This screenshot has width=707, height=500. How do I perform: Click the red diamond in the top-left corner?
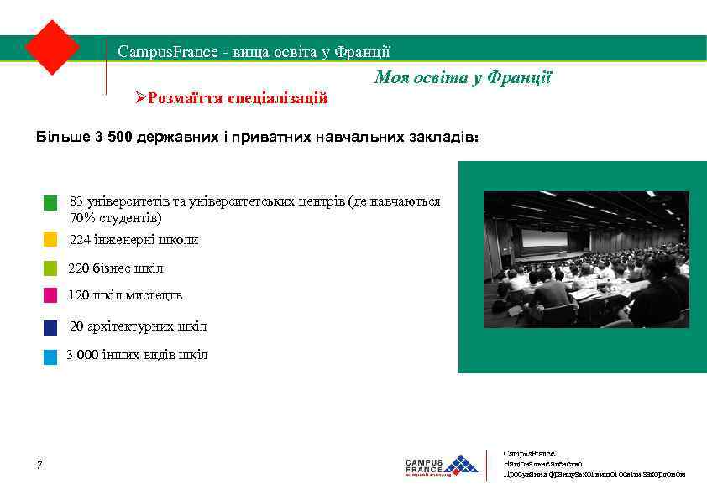click(x=52, y=47)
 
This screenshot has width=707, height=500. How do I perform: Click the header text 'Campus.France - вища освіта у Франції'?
click(x=254, y=52)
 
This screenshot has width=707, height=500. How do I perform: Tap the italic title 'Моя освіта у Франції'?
click(x=462, y=78)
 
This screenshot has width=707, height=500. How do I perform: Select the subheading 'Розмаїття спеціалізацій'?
click(x=237, y=98)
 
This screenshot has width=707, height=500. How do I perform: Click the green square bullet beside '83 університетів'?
click(x=50, y=203)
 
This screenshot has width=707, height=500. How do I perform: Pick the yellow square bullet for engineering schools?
click(x=50, y=240)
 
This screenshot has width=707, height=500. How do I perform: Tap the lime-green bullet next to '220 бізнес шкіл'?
click(x=50, y=268)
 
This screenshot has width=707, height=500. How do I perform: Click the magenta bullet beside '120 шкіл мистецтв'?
click(x=50, y=295)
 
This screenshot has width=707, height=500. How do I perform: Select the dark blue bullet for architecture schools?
click(x=50, y=327)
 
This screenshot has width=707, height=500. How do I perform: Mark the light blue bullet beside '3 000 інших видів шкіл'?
click(x=50, y=357)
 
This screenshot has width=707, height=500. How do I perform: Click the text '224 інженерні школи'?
click(x=134, y=240)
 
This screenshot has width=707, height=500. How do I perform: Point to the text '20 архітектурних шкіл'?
click(x=138, y=326)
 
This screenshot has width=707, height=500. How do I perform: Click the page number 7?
click(x=39, y=466)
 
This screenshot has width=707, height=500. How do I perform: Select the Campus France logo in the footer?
click(x=442, y=466)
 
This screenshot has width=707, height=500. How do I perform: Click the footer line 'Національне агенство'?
click(x=542, y=463)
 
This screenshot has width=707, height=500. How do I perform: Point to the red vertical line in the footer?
click(x=487, y=465)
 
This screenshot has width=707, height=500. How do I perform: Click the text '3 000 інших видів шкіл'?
click(x=137, y=355)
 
